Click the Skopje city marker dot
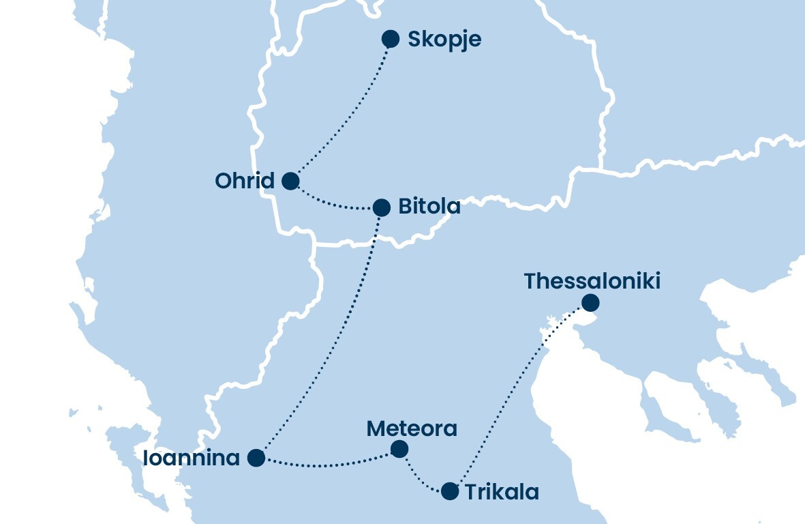pos(390,39)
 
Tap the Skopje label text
pos(444,40)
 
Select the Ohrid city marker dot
pos(290,181)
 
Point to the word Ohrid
pos(245,181)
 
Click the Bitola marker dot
pos(382,207)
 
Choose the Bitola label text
pos(429,206)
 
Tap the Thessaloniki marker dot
pos(590,302)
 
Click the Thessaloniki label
pos(592,281)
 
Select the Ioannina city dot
pos(256,458)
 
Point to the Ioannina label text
pos(192,458)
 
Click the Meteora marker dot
pos(399,449)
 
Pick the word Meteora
pos(412,428)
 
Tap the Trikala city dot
pos(450,491)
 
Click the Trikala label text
pos(502,492)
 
